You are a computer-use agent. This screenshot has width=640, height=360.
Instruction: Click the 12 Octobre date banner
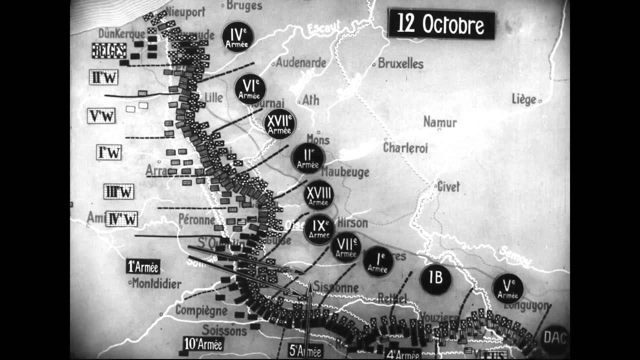[x=441, y=24]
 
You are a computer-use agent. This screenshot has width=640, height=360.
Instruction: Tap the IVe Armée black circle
[x=237, y=36]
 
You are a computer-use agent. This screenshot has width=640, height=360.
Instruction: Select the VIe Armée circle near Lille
[x=250, y=89]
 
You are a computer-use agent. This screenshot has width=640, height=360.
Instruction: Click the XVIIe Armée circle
[x=279, y=123]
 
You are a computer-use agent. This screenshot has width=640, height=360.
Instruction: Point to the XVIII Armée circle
[x=318, y=195]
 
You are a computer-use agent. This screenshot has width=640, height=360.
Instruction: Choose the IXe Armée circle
[x=319, y=229]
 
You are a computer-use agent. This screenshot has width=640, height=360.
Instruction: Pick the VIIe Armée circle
[x=345, y=247]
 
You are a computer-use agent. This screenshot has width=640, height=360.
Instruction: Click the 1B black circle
[x=435, y=278]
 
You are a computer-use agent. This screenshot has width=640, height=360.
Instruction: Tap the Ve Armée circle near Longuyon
[x=507, y=288]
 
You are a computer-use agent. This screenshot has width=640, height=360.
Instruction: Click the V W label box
[x=101, y=116]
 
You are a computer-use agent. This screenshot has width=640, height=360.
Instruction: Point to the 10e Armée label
[x=203, y=344]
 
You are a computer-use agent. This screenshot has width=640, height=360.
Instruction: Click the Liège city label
[x=524, y=99]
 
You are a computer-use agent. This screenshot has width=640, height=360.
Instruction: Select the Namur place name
[x=439, y=122]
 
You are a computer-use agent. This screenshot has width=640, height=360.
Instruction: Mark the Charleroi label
[x=405, y=148]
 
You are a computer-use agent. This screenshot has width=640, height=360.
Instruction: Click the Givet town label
[x=448, y=187]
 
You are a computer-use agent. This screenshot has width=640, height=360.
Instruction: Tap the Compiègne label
[x=201, y=310]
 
